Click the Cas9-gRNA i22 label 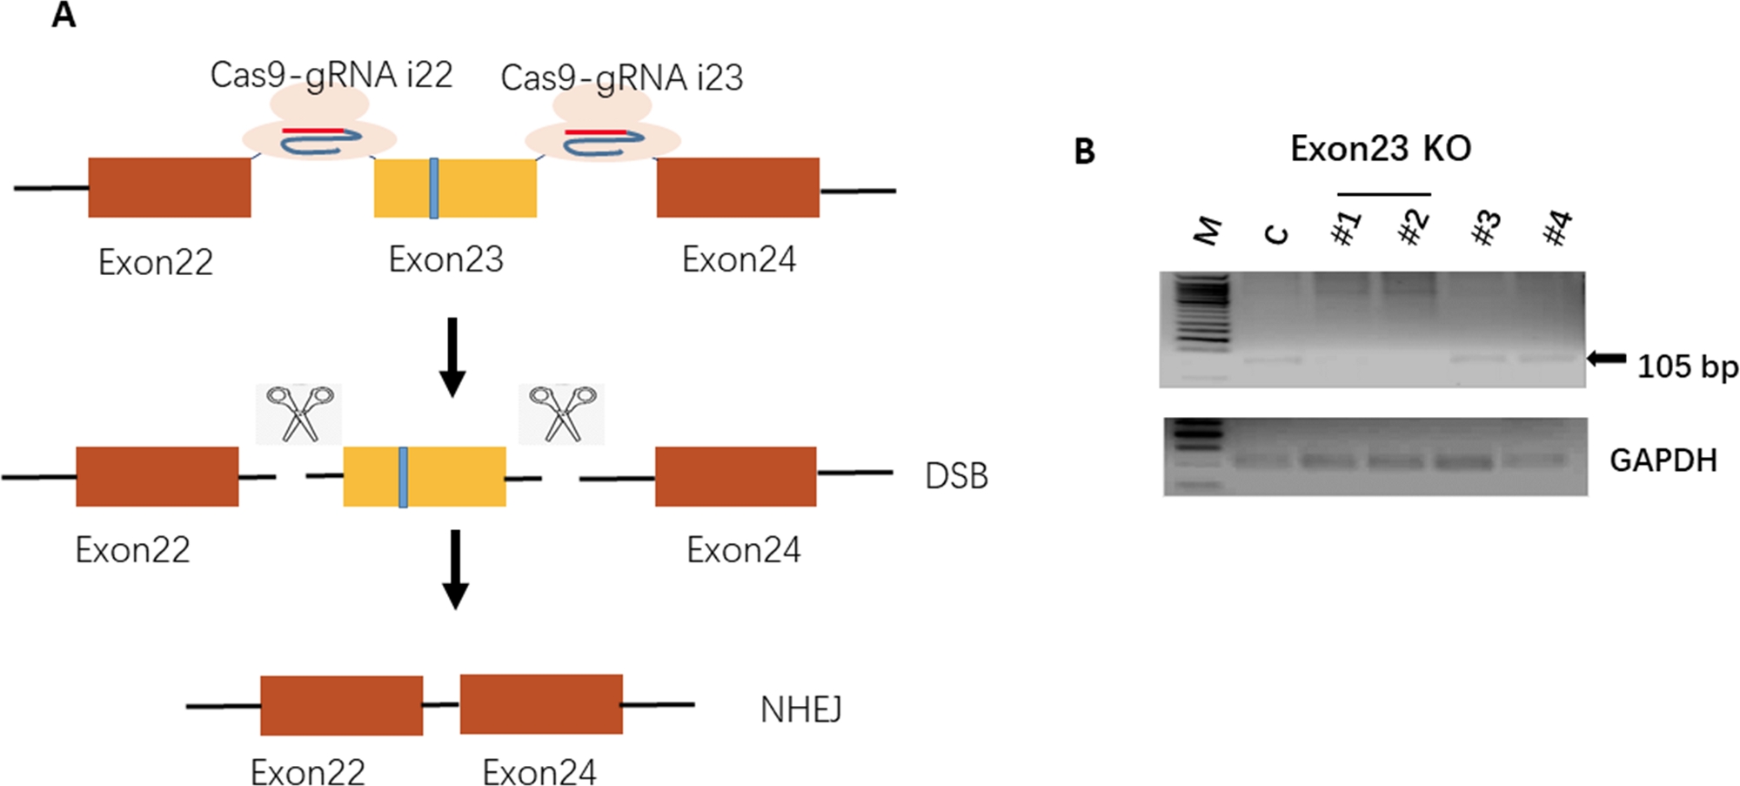pos(331,76)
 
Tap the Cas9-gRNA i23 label pos(621,78)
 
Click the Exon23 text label pos(445,259)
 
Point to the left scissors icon pos(298,413)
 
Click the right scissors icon pos(562,413)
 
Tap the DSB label pos(956,476)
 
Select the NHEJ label pos(800,710)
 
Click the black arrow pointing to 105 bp pos(1606,358)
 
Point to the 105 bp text pos(1687,367)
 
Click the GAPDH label pos(1663,460)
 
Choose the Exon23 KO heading pos(1381,149)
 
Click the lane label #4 pos(1557,228)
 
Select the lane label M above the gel pos(1208,230)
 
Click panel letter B pos(1084,151)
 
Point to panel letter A pos(63,16)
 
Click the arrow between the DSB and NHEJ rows pos(455,569)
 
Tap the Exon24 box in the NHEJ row pos(541,704)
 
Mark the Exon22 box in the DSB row pos(157,476)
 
